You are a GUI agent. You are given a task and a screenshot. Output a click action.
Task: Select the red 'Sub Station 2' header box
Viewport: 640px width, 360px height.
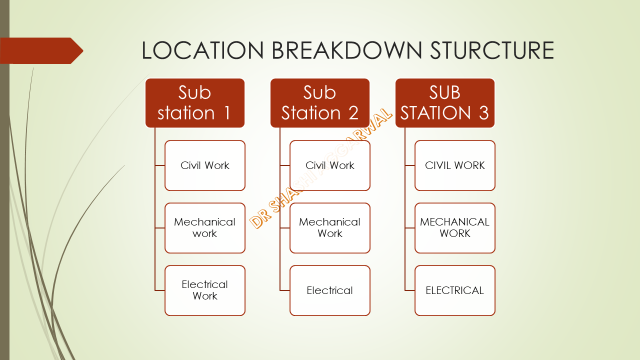320,103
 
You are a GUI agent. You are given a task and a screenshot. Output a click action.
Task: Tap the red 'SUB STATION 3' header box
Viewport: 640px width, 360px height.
445,103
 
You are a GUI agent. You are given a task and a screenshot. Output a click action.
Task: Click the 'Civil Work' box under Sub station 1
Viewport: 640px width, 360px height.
205,165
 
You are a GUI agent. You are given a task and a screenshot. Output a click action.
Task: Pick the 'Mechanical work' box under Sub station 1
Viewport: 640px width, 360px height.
205,228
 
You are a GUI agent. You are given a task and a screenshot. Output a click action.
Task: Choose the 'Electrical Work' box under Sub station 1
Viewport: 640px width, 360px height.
205,290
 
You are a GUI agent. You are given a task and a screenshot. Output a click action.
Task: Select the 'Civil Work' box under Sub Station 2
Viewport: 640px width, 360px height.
330,165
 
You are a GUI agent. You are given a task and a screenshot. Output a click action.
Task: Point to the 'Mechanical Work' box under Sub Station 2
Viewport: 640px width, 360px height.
330,228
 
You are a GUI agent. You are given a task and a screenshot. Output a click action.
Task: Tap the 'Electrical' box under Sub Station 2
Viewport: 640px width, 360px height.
330,290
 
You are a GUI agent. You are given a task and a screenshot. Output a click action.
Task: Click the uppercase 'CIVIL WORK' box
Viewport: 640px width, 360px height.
455,165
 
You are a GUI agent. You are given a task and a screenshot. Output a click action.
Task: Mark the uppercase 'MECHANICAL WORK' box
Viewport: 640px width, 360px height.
455,228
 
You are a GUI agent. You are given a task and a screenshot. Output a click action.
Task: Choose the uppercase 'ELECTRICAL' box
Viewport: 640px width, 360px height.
455,290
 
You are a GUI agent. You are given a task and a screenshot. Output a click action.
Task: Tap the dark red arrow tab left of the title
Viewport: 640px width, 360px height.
40,50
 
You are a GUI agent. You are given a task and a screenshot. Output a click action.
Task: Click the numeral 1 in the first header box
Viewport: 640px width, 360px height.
236,114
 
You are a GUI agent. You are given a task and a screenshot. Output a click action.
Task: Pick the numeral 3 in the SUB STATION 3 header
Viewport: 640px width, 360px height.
483,114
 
